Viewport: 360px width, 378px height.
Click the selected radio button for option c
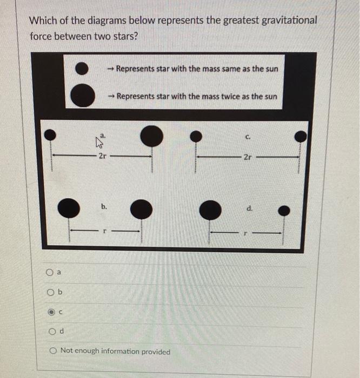(x=50, y=312)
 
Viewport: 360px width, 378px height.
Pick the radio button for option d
(x=50, y=331)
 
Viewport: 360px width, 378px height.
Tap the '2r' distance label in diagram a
(x=102, y=156)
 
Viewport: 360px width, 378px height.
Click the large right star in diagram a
(x=151, y=136)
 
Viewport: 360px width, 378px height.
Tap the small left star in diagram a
(x=50, y=133)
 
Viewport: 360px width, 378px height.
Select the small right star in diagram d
(x=287, y=210)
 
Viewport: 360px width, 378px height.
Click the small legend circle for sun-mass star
(x=82, y=68)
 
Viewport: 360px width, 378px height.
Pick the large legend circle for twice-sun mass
(x=83, y=96)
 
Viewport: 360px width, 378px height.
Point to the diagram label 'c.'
(x=246, y=137)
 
